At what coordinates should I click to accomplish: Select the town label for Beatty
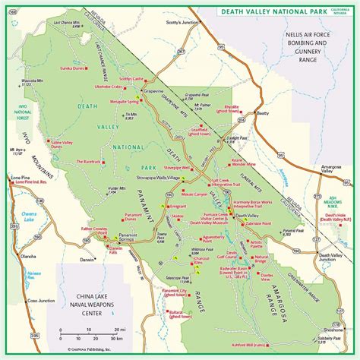(263, 113)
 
